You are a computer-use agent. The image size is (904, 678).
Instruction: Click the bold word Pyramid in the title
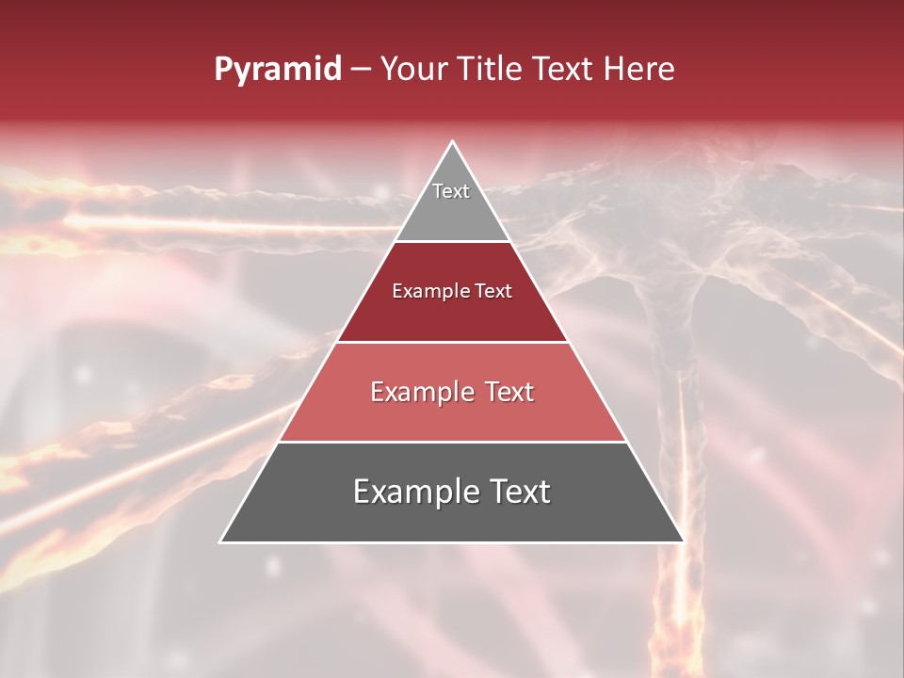coord(278,70)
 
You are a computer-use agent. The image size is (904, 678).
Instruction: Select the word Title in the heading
coord(492,70)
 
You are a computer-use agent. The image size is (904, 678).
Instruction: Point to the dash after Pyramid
coord(360,70)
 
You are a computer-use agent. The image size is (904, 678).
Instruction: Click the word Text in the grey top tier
coord(451,191)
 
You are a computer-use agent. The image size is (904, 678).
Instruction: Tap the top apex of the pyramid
coord(452,142)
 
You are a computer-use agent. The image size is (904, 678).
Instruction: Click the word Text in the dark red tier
coord(494,292)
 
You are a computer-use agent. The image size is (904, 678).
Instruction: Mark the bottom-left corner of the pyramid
coord(221,541)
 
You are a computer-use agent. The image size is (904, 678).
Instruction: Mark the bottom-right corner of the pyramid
coord(683,541)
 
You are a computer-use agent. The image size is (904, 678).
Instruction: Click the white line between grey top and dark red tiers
coord(452,241)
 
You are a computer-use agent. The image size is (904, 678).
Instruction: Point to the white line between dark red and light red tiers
coord(452,342)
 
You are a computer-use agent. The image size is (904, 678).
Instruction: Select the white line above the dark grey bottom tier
coord(452,442)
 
